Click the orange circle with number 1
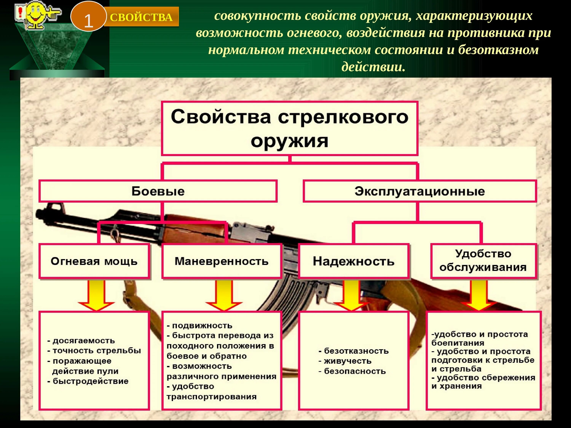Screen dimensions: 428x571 tap(88, 17)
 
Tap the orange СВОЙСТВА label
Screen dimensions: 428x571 tap(141, 17)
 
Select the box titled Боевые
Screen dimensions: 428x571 tap(158, 191)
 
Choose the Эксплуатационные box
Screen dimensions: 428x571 tap(419, 191)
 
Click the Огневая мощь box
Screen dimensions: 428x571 tap(94, 261)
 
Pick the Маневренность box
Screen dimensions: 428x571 tap(222, 261)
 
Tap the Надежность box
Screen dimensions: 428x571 tap(354, 261)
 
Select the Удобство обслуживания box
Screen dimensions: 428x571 tap(483, 261)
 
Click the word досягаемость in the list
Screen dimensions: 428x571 tap(84, 341)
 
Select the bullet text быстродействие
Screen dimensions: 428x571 tap(90, 381)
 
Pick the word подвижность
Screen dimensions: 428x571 tap(202, 326)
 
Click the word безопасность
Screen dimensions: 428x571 tap(355, 371)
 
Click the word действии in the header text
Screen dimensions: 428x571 tap(373, 67)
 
